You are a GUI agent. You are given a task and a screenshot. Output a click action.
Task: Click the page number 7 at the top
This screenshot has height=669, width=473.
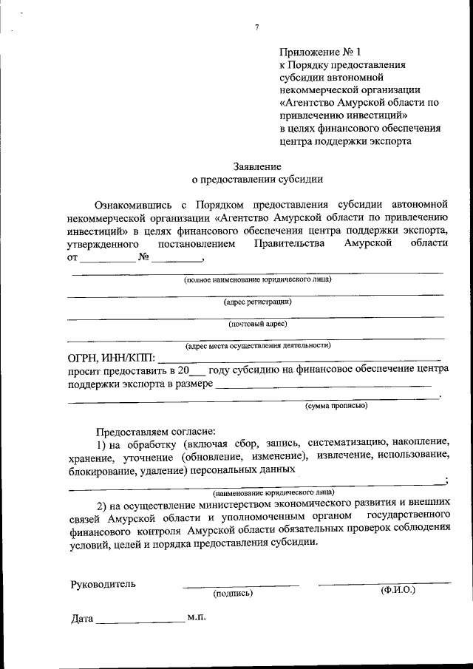256,27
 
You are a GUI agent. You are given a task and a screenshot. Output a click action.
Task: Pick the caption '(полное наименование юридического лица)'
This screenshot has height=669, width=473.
257,279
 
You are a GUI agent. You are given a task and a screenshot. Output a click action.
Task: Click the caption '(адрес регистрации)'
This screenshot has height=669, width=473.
257,302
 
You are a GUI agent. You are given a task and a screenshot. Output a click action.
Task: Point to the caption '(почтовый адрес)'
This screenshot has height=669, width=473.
257,323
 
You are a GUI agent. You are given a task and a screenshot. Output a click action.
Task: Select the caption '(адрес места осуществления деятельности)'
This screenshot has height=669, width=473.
257,345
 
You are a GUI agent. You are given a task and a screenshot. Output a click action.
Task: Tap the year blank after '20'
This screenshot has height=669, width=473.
197,370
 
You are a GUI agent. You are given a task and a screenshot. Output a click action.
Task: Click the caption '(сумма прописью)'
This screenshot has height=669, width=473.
336,405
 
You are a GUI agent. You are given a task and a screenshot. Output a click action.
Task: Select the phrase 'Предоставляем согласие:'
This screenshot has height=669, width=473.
154,430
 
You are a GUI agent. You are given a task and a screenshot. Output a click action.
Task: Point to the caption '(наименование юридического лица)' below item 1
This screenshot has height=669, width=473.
273,492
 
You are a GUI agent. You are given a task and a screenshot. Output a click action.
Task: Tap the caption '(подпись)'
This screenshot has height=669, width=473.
233,593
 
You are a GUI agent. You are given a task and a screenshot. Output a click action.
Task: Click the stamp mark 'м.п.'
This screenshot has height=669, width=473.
196,616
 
